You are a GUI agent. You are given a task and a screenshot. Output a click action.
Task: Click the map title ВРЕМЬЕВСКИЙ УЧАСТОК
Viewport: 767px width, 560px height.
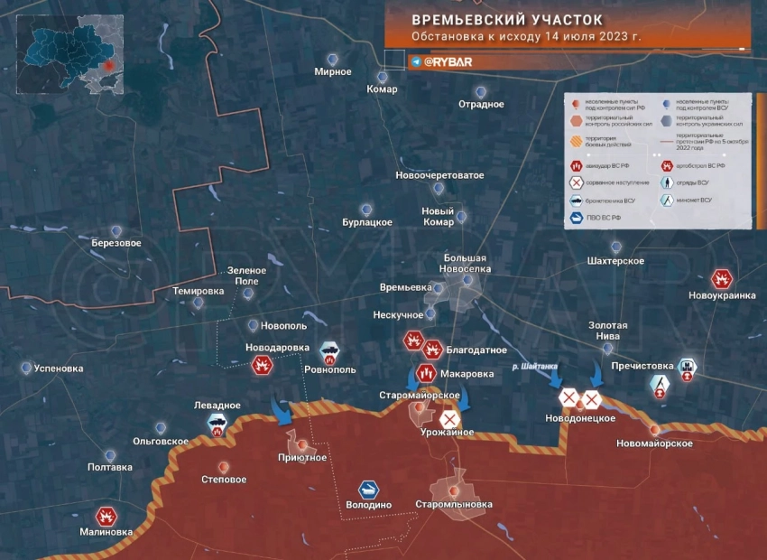[x=508, y=19]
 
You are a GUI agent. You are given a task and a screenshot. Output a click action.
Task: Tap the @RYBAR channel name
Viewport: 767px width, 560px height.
[x=448, y=61]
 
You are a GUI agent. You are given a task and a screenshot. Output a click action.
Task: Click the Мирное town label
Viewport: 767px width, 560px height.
[x=333, y=71]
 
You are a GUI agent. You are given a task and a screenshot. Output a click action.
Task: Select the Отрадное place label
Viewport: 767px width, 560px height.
[x=481, y=104]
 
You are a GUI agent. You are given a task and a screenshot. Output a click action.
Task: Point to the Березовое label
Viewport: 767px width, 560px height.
[x=116, y=243]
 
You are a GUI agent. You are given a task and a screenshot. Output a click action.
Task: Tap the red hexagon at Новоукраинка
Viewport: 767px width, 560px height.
[x=721, y=279]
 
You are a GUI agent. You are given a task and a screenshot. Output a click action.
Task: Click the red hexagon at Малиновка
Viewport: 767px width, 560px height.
[x=106, y=516]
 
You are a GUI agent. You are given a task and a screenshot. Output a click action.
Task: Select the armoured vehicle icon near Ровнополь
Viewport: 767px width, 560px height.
[x=329, y=351]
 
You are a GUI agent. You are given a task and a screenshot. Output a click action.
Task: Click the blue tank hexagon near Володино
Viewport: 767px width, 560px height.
[x=368, y=489]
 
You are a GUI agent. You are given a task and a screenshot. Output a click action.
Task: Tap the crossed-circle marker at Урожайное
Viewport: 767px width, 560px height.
[x=448, y=419]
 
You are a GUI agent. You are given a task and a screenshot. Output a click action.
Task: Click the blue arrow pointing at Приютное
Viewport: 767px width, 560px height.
[x=282, y=413]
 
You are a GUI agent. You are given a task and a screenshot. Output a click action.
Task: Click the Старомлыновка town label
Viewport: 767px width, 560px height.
[x=454, y=504]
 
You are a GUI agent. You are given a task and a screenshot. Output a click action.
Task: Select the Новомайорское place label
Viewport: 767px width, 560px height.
[x=654, y=443]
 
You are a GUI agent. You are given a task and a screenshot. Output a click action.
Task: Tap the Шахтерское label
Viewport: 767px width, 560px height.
[x=615, y=261]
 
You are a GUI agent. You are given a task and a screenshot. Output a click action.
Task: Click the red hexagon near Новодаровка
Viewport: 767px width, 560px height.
[x=263, y=365]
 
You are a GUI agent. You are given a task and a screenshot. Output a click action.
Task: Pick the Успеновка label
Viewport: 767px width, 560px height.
[x=58, y=369]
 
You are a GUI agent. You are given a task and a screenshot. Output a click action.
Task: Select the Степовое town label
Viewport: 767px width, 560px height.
[x=224, y=479]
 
